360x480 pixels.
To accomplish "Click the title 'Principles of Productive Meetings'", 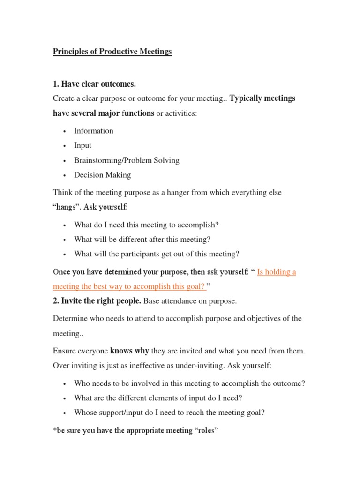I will (x=112, y=52).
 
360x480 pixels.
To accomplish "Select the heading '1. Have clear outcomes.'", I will (x=94, y=84).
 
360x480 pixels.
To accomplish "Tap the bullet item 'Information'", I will (x=94, y=131).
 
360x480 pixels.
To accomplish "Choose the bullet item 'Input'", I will (x=82, y=145).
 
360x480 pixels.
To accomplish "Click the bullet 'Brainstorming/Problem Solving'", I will (x=127, y=160).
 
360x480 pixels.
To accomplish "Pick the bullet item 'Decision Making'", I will (x=102, y=175).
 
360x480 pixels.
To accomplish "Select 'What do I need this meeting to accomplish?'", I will (x=146, y=225).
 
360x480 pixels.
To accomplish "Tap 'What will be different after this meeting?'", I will (x=142, y=239).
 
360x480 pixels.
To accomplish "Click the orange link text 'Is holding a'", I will (x=277, y=272).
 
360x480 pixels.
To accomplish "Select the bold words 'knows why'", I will (x=129, y=351).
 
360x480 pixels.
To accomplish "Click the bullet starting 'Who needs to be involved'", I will (x=189, y=383).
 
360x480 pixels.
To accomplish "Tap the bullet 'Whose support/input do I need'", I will (x=169, y=412).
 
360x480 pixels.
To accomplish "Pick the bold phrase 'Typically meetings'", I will (x=262, y=98).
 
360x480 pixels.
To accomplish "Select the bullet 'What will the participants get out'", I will (x=157, y=254).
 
